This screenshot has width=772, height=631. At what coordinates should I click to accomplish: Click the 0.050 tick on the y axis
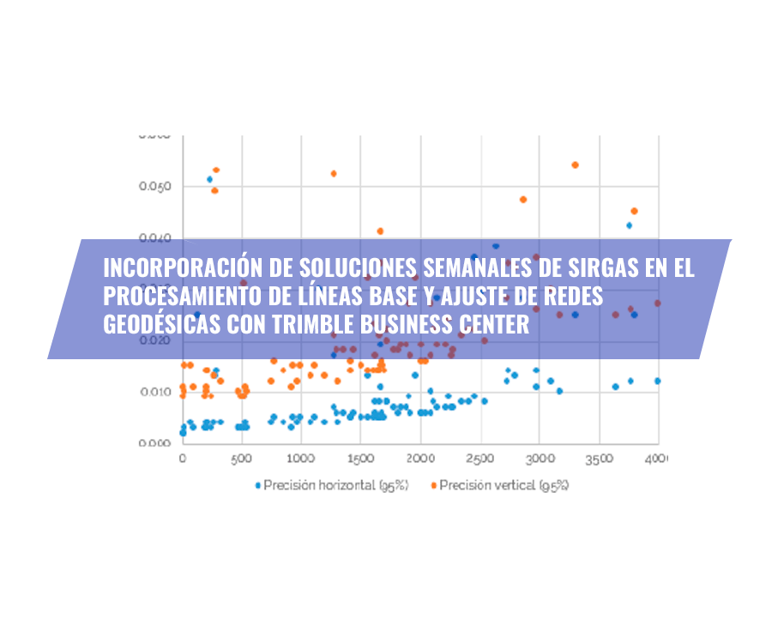(154, 187)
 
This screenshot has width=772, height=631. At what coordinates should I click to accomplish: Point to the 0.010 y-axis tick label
(154, 393)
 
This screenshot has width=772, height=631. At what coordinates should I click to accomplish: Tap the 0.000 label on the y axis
(154, 443)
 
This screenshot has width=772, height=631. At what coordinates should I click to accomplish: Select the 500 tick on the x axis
(242, 461)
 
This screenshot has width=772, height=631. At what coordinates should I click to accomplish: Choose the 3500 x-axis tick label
(599, 461)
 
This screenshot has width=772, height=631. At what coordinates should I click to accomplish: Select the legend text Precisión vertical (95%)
(504, 485)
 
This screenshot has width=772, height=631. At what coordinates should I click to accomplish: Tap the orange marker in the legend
(432, 485)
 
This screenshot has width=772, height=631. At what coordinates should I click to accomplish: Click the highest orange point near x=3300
(575, 165)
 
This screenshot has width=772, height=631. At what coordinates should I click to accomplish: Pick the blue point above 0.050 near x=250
(209, 179)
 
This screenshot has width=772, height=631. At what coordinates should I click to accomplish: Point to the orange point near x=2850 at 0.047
(522, 199)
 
